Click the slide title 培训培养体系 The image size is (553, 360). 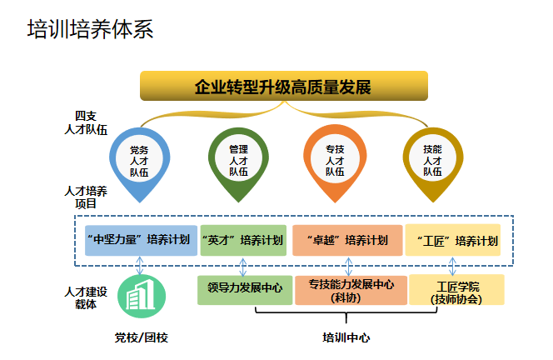tap(90, 32)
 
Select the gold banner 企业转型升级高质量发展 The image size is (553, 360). tap(283, 87)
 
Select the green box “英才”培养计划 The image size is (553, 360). tap(242, 240)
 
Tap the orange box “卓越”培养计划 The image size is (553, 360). tap(346, 240)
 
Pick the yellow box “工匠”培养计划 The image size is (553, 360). tap(452, 240)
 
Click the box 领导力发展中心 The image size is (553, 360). tap(245, 288)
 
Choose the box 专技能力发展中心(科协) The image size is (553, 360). tap(351, 289)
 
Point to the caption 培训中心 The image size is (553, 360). tap(346, 338)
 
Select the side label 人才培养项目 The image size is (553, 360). tap(86, 197)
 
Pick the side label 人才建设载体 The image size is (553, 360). tap(86, 297)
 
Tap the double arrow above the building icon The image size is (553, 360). tap(140, 265)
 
